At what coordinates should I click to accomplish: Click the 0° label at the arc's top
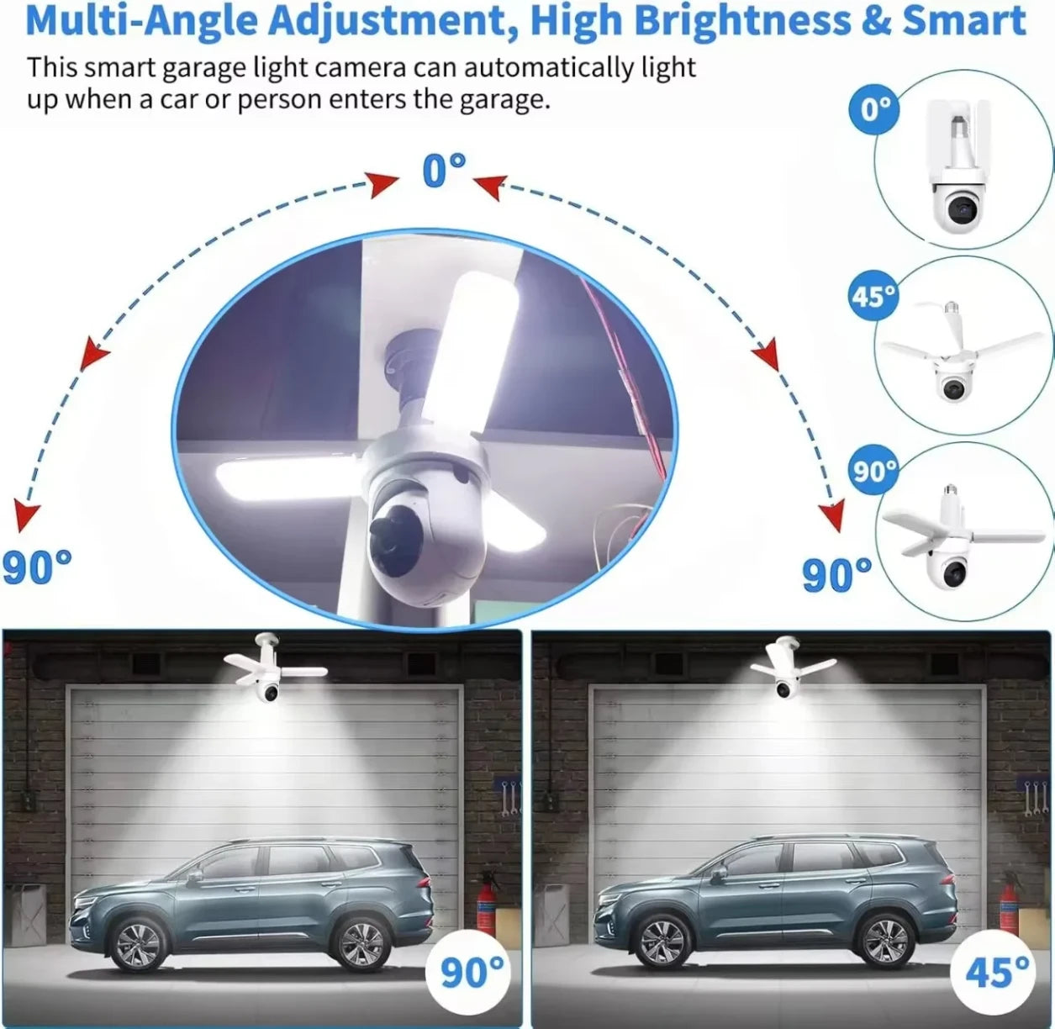444,170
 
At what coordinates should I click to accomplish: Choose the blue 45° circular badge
873,295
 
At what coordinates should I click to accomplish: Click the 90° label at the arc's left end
37,567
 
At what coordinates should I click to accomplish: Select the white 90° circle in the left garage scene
468,971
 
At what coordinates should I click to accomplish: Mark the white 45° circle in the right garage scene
993,971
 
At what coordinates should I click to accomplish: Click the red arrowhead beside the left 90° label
25,517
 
